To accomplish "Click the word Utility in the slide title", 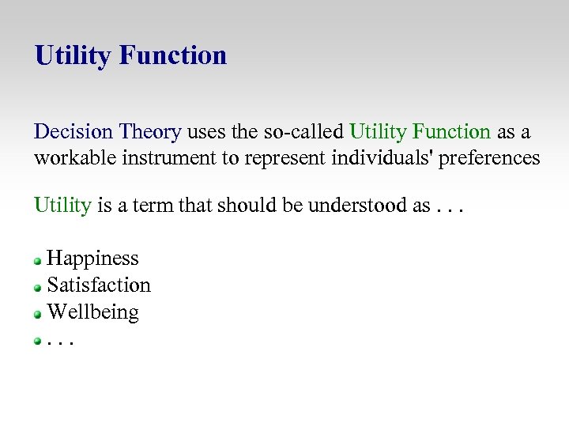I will [73, 56].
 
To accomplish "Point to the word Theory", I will [149, 131].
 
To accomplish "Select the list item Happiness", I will [92, 259].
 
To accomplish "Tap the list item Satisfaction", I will [99, 285].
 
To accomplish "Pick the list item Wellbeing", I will [92, 312].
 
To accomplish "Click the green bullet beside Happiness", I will [37, 260].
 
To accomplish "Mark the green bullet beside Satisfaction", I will [37, 287].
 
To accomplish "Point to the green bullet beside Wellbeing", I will [37, 314].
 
